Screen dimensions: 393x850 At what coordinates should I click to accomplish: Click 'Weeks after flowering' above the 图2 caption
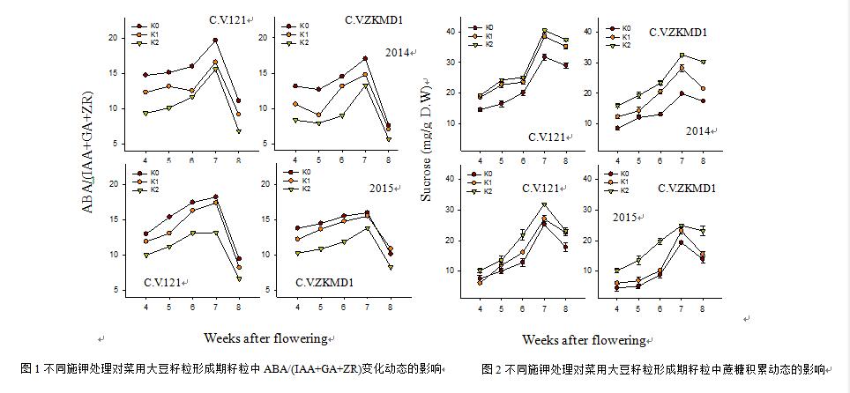pos(584,339)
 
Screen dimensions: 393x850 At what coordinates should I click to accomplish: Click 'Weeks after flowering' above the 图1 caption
pos(265,337)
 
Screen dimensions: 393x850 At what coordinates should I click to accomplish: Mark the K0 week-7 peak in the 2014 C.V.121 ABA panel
pos(214,41)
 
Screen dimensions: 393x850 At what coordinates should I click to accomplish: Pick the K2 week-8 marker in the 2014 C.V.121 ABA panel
pos(238,131)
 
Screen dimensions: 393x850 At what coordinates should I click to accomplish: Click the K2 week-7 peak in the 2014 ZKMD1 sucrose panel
pos(681,56)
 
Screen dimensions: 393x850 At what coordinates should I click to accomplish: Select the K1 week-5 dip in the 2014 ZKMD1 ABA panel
pos(318,115)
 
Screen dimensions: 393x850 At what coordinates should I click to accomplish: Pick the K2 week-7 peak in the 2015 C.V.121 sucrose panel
pos(544,205)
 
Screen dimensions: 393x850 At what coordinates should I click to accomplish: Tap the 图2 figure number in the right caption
pos(491,368)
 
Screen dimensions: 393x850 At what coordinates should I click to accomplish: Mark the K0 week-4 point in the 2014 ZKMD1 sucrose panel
pos(616,128)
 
